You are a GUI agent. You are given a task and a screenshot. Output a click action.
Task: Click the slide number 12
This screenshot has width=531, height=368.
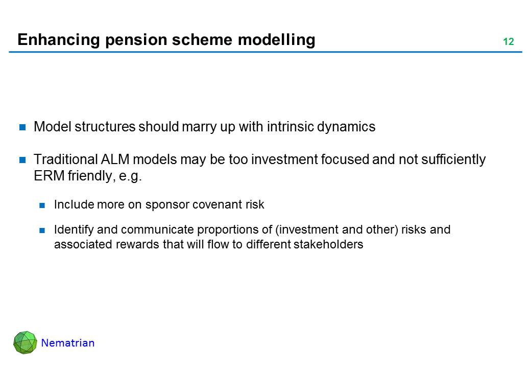pyautogui.click(x=509, y=41)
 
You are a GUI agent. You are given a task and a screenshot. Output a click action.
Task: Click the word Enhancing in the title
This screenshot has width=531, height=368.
pyautogui.click(x=59, y=40)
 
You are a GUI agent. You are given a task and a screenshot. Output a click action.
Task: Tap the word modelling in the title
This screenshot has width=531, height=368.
pyautogui.click(x=276, y=40)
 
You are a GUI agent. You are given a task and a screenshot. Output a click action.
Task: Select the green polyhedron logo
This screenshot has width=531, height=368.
pyautogui.click(x=25, y=342)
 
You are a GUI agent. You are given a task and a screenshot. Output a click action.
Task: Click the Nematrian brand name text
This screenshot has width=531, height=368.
pyautogui.click(x=68, y=343)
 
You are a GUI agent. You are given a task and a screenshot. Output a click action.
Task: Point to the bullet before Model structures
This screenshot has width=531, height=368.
pyautogui.click(x=22, y=127)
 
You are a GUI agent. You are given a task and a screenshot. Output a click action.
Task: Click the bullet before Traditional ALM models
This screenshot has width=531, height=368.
pyautogui.click(x=22, y=160)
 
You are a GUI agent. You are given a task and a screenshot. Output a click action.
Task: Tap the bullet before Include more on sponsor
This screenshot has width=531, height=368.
pyautogui.click(x=42, y=205)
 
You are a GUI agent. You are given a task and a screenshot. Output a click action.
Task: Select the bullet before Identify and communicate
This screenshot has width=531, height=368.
pyautogui.click(x=42, y=231)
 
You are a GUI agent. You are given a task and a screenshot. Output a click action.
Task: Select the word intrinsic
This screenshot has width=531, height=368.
pyautogui.click(x=291, y=127)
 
